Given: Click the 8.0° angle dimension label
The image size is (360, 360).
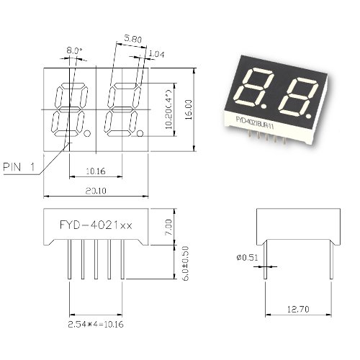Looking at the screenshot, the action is (74, 50).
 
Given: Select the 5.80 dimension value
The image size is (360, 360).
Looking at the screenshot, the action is (132, 39).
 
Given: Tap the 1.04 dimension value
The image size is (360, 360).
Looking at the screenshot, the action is (156, 54).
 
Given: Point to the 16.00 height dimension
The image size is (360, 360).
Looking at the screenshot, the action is (189, 109).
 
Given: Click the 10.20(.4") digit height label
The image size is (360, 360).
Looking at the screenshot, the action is (168, 109).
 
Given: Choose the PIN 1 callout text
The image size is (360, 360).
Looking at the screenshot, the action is (19, 167).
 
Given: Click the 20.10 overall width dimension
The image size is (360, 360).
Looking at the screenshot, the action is (96, 191).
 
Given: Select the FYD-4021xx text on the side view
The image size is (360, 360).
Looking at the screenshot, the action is (96, 225).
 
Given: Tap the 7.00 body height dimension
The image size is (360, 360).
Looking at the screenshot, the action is (168, 228).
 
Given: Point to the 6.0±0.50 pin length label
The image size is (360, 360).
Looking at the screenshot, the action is (186, 264).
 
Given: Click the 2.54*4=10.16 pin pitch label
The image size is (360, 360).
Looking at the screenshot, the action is (96, 325).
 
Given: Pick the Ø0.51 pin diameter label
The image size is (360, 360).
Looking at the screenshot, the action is (247, 258).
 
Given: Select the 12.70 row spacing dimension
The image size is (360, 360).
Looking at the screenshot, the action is (298, 309).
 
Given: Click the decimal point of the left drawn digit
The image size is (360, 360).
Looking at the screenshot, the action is (87, 133).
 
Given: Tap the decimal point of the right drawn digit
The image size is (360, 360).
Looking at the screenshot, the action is (140, 133).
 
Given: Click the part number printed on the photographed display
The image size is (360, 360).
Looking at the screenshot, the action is (255, 122).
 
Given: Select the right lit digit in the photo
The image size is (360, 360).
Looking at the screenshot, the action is (297, 99).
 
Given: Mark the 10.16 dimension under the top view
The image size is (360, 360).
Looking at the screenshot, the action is (96, 171).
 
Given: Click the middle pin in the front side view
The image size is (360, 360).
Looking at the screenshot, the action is (96, 259).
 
